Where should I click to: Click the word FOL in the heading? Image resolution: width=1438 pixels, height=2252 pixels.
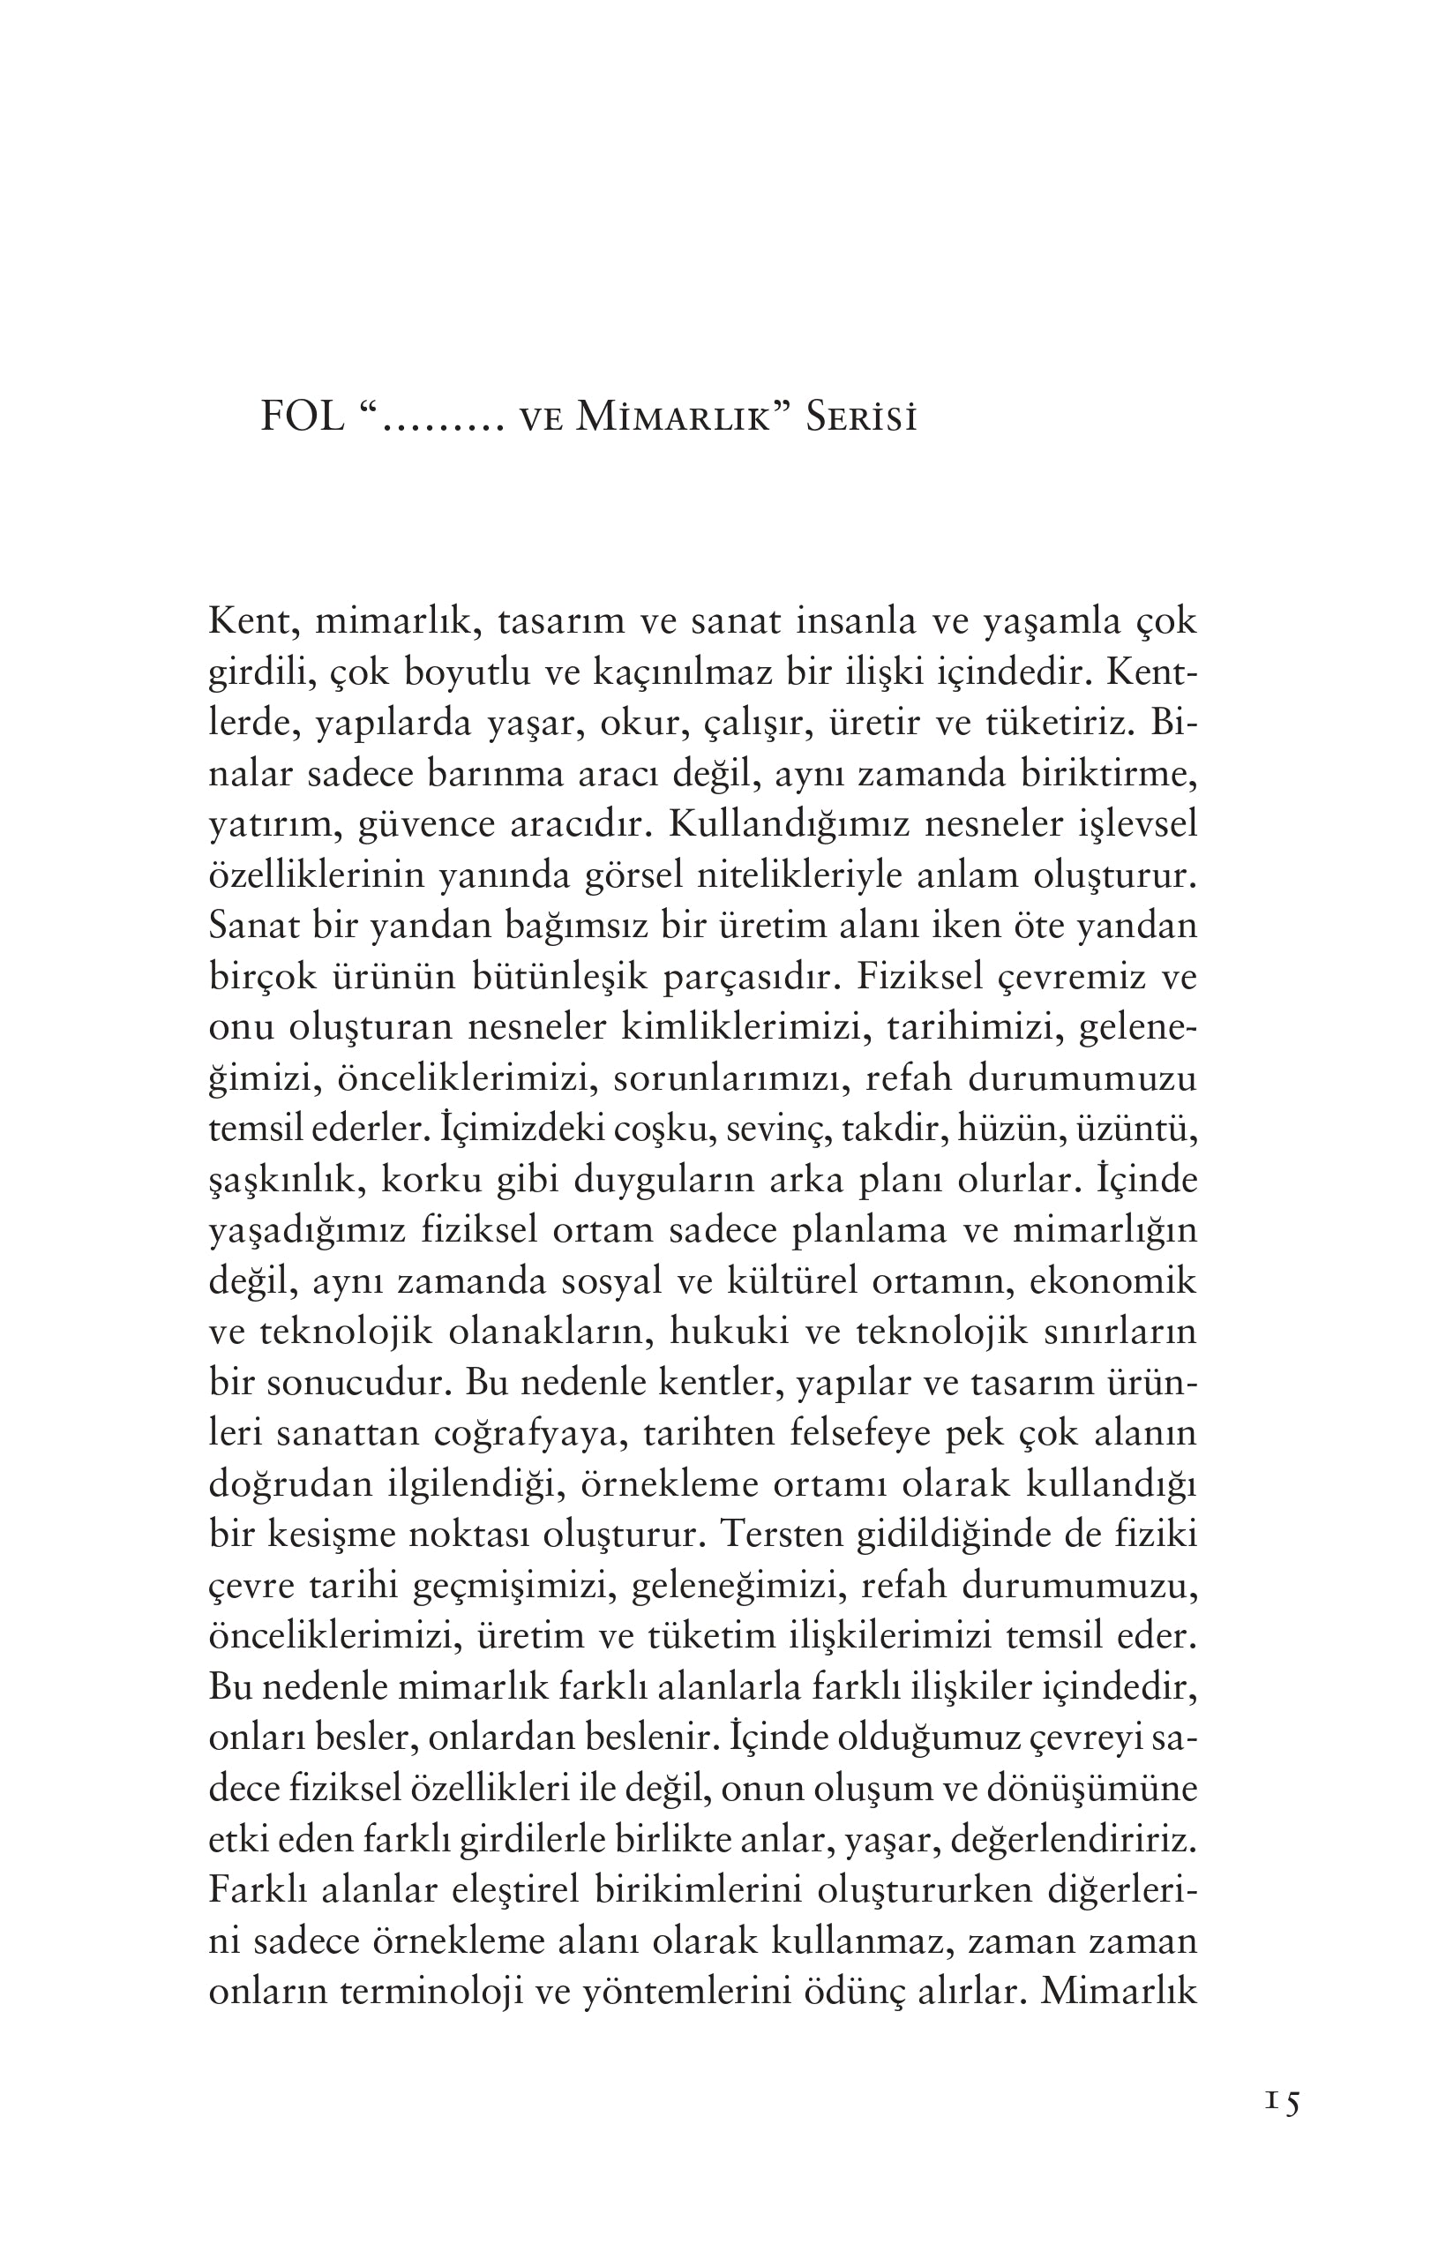coord(301,417)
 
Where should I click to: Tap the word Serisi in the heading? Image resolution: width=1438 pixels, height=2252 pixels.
coord(860,417)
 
